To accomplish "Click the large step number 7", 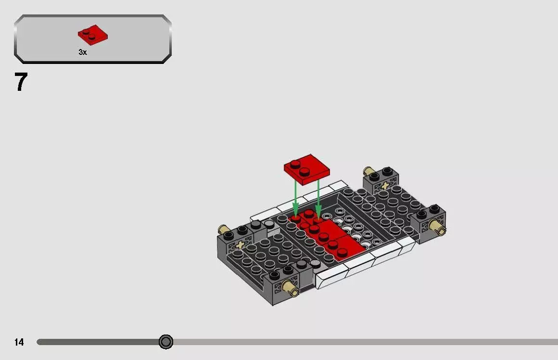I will point(21,82).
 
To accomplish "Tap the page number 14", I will point(19,342).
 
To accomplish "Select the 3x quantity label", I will point(83,52).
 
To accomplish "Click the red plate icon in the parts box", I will point(93,34).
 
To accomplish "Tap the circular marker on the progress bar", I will point(166,342).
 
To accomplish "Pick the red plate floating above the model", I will point(306,170).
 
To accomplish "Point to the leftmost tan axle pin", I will point(224,229).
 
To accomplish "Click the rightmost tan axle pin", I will point(438,225).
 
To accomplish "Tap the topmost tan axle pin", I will point(369,171).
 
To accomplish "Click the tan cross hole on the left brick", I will point(240,245).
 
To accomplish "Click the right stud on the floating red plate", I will point(304,171).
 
